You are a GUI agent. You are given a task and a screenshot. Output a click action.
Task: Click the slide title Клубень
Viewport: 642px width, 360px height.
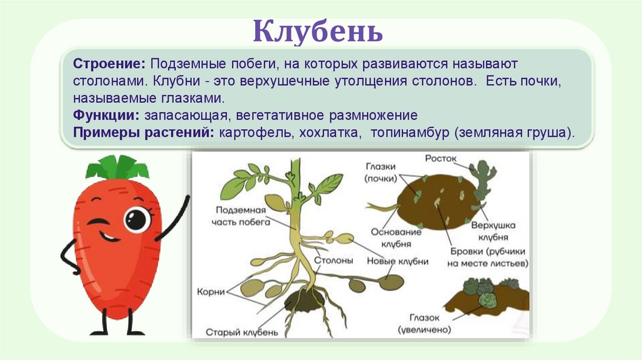point(318,31)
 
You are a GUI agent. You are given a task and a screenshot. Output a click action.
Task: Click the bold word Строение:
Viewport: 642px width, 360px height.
point(110,65)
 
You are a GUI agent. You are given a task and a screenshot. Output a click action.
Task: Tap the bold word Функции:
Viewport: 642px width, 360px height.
point(107,116)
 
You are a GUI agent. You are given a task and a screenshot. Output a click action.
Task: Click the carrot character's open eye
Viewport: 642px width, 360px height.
point(135,219)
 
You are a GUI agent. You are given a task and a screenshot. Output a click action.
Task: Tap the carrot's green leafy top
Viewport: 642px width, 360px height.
point(117,168)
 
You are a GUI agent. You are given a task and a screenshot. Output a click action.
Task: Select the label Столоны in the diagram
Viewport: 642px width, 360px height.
point(333,260)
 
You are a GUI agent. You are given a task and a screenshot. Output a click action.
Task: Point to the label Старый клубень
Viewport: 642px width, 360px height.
point(241,331)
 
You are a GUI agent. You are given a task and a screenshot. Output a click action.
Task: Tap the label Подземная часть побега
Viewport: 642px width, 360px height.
point(242,216)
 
